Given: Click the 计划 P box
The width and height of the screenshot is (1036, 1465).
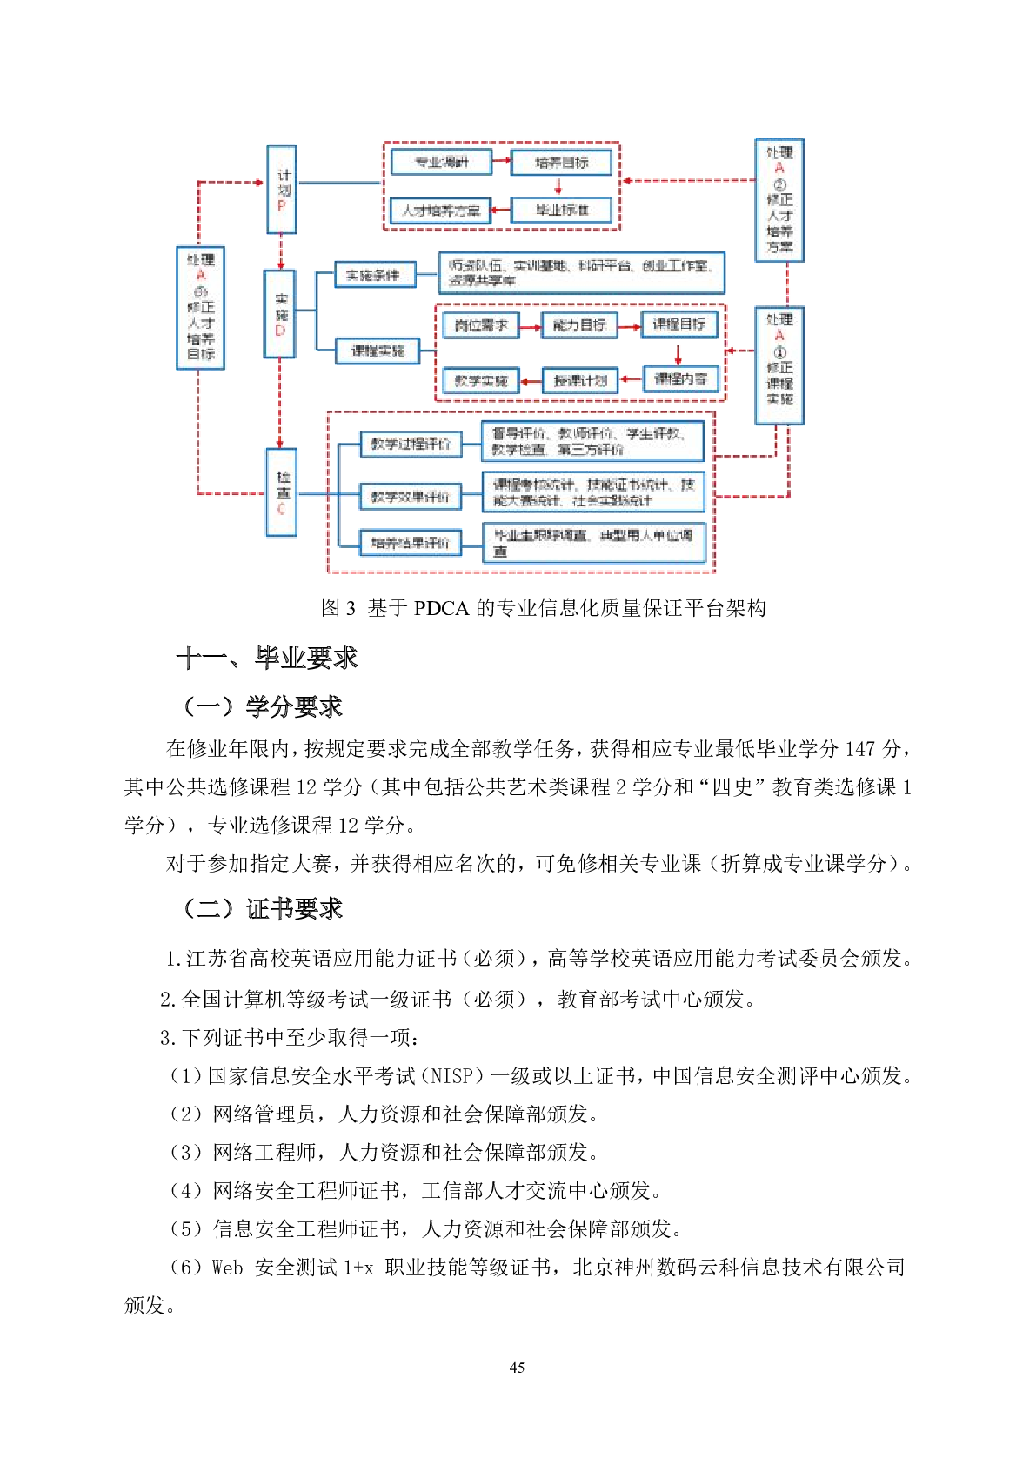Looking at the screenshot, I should (x=281, y=190).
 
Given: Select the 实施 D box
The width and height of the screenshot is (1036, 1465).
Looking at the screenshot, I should (x=279, y=314).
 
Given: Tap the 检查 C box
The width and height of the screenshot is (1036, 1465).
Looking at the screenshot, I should (x=281, y=492).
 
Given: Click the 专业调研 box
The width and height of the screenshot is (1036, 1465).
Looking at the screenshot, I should (x=440, y=162).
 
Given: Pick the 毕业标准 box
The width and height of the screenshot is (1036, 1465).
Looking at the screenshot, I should (x=561, y=210).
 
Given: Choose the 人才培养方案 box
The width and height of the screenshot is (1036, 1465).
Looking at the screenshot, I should (x=440, y=211).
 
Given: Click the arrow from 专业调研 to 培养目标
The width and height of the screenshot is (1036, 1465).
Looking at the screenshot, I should (x=501, y=161).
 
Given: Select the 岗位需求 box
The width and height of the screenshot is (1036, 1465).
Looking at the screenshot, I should (x=481, y=325).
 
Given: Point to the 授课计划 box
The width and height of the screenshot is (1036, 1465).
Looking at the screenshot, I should (x=580, y=380).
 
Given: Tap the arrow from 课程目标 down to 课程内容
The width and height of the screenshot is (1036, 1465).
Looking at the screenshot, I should (x=678, y=352).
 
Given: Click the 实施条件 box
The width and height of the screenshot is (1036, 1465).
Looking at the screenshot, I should (x=375, y=275).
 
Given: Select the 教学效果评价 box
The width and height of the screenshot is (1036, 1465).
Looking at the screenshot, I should (x=410, y=497).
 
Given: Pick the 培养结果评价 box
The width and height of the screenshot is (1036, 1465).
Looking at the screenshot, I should (x=410, y=543).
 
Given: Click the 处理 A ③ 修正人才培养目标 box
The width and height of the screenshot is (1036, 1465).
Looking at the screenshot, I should (x=201, y=308).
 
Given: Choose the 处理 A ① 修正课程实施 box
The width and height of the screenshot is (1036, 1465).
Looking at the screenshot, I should (x=779, y=365).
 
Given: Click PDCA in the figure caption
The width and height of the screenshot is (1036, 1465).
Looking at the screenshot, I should (x=441, y=608).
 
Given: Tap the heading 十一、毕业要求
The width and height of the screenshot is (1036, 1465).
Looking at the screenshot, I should (x=267, y=658).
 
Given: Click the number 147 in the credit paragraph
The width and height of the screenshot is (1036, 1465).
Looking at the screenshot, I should (x=859, y=749).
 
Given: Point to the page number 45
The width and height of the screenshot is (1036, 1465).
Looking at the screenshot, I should (x=517, y=1368).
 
